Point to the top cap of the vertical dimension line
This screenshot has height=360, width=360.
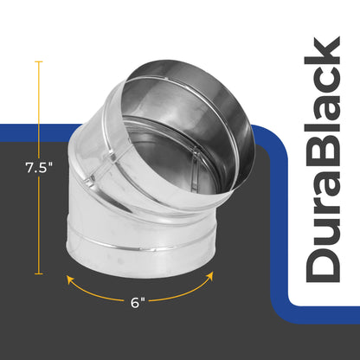pos(38,61)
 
